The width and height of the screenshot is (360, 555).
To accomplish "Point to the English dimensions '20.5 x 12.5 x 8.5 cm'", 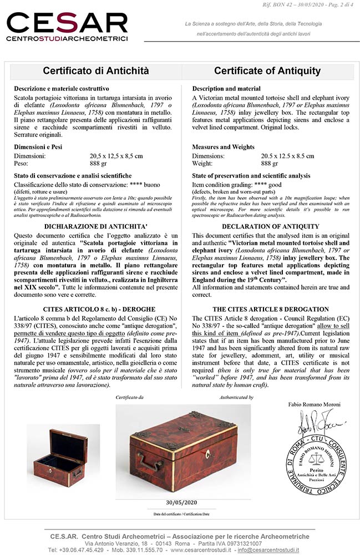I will (x=287, y=156).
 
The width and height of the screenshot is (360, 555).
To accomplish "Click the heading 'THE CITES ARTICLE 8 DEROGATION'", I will (x=271, y=309).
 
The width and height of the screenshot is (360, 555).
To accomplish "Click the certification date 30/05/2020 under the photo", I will (x=182, y=502).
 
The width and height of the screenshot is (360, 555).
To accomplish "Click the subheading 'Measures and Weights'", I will (x=223, y=147).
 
